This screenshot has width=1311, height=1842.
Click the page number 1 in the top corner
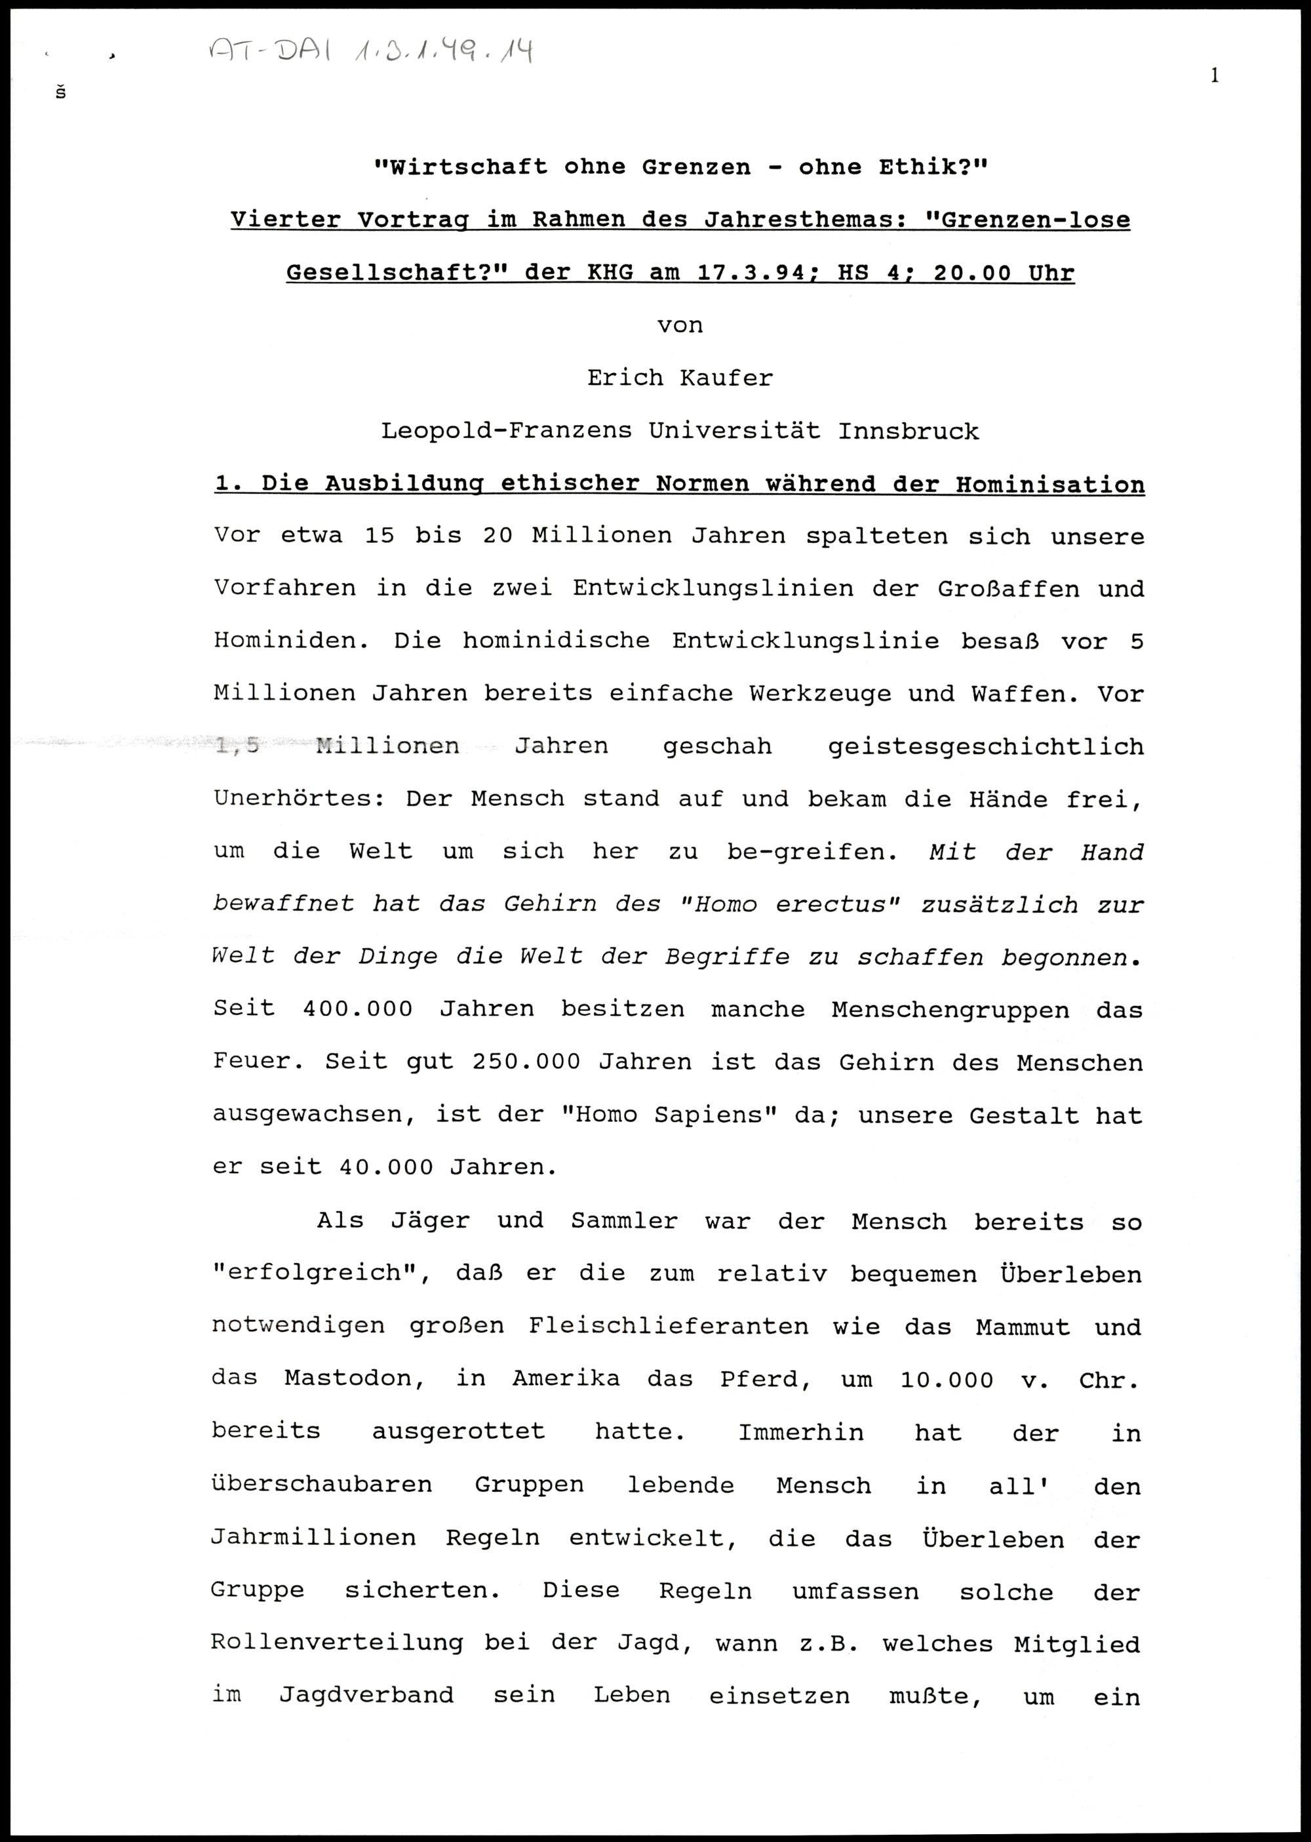[x=1215, y=77]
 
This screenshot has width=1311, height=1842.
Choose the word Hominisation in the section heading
[x=1050, y=485]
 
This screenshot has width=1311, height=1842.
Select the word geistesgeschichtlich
[x=986, y=746]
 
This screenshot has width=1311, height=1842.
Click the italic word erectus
[x=837, y=904]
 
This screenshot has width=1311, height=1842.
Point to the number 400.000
[x=358, y=1009]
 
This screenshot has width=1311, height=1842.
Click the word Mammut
[x=1022, y=1327]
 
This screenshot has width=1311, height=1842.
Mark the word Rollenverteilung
[x=337, y=1643]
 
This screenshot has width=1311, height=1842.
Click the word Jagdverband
[x=366, y=1696]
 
